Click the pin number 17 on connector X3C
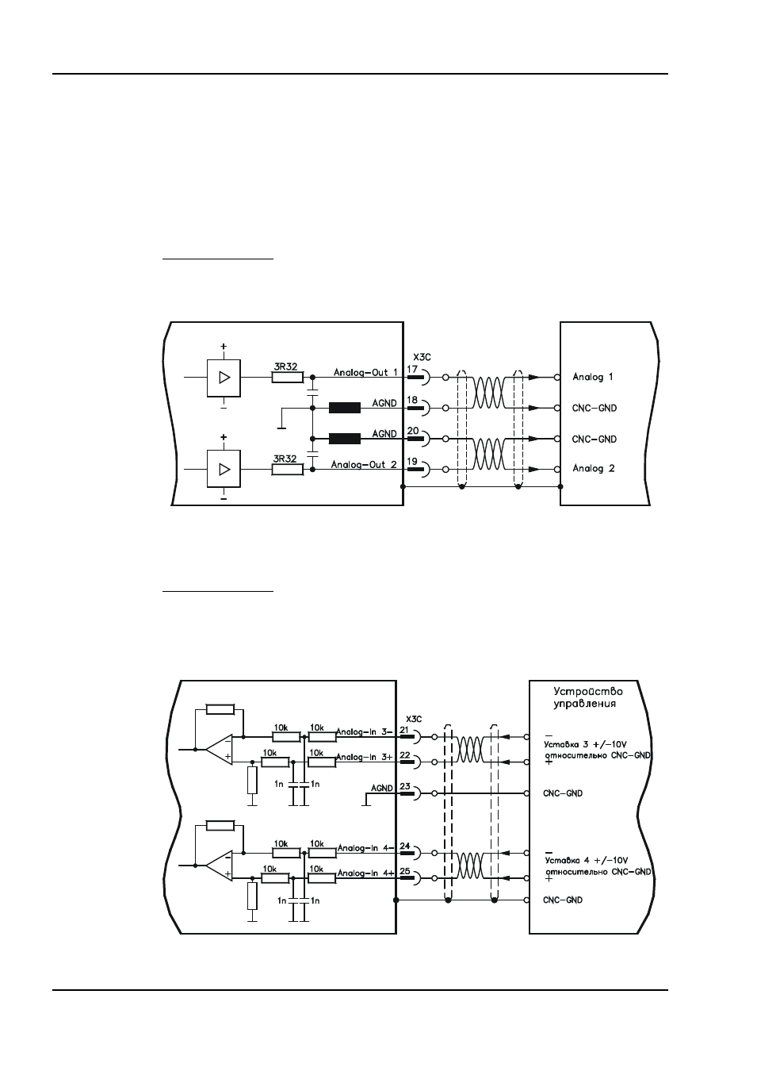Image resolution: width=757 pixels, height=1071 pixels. [x=412, y=369]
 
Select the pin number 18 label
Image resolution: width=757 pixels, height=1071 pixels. [x=412, y=400]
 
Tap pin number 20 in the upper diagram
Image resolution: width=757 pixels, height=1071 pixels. [x=413, y=430]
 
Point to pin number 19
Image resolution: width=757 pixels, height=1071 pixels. [x=412, y=462]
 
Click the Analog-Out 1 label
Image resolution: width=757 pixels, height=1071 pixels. [x=365, y=372]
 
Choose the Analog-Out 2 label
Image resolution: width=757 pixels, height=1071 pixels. [x=364, y=464]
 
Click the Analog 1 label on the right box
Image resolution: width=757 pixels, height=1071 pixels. [x=593, y=377]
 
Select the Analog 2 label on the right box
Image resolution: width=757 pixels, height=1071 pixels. [x=594, y=468]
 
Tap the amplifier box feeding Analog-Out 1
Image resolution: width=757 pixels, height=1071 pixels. [x=224, y=378]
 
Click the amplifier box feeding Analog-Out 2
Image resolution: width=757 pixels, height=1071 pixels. [x=224, y=469]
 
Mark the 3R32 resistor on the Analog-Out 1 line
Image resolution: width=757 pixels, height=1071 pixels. [x=288, y=378]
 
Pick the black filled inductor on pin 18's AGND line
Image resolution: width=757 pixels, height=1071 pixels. [x=344, y=408]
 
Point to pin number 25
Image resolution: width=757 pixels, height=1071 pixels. [x=404, y=871]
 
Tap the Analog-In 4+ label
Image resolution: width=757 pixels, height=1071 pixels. [x=366, y=873]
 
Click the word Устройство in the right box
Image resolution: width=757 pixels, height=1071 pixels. [x=588, y=691]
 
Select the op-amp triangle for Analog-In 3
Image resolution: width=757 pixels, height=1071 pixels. [x=220, y=750]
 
